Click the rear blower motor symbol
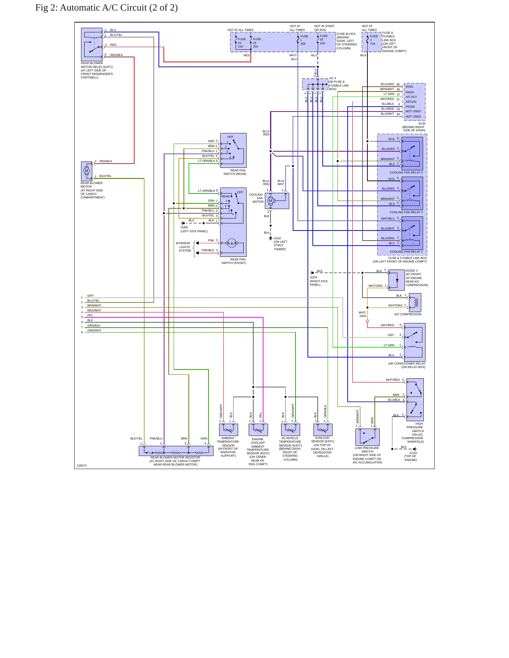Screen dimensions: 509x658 click(x=87, y=171)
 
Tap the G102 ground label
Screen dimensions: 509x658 click(x=277, y=238)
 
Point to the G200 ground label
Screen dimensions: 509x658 click(x=184, y=227)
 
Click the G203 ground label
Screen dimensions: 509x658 click(x=314, y=277)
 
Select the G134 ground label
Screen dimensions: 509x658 click(x=413, y=453)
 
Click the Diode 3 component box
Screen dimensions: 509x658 click(x=396, y=280)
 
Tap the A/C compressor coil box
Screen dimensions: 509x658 click(x=415, y=302)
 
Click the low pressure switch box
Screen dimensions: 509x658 click(x=367, y=437)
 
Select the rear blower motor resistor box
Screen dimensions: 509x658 click(x=176, y=451)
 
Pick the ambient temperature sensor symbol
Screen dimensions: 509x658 click(x=229, y=430)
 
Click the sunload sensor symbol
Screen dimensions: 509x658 click(x=323, y=430)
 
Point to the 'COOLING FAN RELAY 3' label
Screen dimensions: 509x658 click(x=406, y=212)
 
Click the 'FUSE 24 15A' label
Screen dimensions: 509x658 click(x=241, y=43)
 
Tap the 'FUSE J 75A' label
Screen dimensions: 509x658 click(x=373, y=40)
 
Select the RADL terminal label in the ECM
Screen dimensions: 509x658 click(x=410, y=87)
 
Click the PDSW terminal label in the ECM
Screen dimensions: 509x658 click(x=410, y=107)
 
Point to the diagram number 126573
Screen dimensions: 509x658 click(x=82, y=466)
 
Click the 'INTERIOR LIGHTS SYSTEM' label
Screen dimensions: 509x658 click(x=184, y=247)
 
